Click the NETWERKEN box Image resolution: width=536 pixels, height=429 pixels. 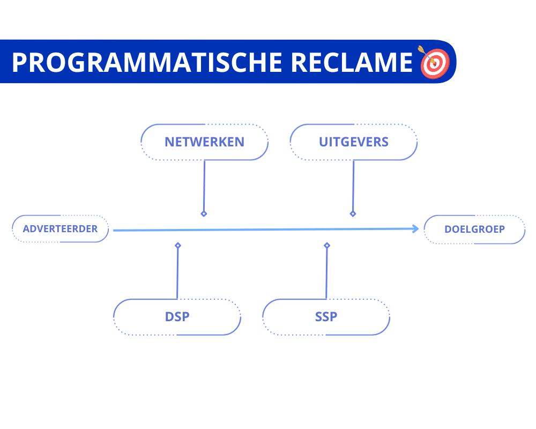coord(204,142)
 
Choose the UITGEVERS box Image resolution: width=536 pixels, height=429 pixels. coord(353,142)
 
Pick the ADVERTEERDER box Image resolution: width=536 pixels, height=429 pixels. coord(60,229)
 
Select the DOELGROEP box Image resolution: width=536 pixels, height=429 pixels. coord(474,230)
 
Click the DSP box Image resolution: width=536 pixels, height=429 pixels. coord(177,317)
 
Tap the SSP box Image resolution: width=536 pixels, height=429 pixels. coord(326,317)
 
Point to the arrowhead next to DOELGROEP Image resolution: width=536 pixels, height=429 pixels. coord(415,229)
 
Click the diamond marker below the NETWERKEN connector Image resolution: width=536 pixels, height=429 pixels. coord(204,213)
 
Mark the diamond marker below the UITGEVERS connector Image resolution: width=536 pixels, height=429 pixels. coord(353,213)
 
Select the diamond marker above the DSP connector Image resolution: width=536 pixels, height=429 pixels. coord(178,245)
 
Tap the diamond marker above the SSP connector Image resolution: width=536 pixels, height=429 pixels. coord(327,245)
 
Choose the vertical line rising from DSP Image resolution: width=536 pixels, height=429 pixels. coord(177,273)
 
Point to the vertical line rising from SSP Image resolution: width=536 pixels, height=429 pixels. coord(326,273)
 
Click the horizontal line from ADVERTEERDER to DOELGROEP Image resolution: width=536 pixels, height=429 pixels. coord(263,230)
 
